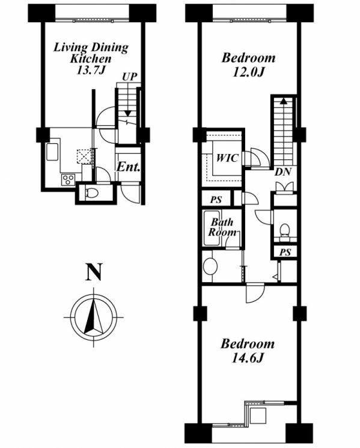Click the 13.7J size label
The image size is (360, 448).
point(91,70)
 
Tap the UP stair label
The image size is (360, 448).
point(130,77)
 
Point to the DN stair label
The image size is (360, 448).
point(284,172)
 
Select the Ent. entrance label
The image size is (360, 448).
point(129,167)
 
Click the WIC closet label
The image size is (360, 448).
point(227,158)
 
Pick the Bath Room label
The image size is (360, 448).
point(222,227)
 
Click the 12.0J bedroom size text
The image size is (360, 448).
point(248,72)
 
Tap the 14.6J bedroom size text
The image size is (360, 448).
point(247,358)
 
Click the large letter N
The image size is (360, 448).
point(94,272)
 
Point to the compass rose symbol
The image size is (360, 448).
point(94,317)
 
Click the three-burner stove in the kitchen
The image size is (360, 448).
point(69,180)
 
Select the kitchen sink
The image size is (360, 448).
point(52,152)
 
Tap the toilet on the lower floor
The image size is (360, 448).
point(92,194)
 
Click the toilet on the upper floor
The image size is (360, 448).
point(284,230)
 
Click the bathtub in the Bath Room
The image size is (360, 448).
point(212,228)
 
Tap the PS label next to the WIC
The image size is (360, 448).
point(216,200)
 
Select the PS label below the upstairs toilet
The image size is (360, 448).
point(285,252)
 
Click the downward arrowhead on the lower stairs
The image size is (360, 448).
point(128,113)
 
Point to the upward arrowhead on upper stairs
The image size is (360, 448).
point(283,100)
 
